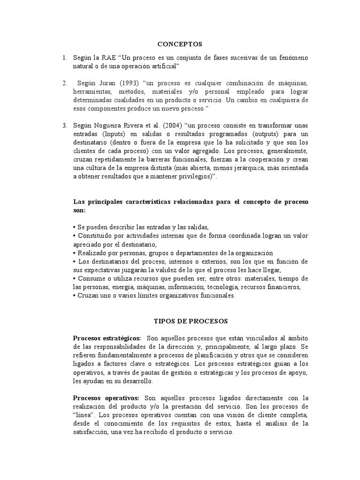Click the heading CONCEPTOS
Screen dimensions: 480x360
pos(180,44)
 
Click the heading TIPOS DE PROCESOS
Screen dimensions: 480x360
pos(191,321)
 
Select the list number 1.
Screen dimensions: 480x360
pos(64,57)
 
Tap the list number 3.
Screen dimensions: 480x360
pos(64,126)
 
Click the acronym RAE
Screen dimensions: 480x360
pos(109,57)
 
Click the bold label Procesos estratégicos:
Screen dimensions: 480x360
pos(107,338)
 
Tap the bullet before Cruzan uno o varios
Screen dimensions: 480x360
pos(75,296)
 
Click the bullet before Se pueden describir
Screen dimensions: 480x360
pos(75,227)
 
